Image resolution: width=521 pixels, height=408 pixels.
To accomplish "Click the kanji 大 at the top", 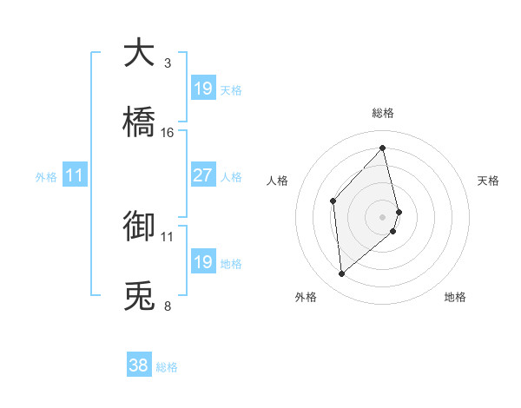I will point(139,54).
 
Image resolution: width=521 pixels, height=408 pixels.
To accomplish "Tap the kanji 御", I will point(139,227).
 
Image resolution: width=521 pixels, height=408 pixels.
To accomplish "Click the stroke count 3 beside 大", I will point(168,63).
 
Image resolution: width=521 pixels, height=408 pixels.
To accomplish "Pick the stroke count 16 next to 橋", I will point(168,133).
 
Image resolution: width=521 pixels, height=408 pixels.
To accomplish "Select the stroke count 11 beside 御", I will point(168,236).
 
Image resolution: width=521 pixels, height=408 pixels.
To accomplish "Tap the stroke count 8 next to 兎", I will point(168,306).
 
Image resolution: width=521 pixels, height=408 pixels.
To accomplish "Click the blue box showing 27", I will point(202,175).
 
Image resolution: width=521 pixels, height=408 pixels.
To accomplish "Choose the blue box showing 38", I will point(139,365).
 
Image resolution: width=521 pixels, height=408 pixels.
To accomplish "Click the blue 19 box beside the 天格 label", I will point(202,88).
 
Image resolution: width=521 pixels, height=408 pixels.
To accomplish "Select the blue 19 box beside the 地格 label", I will point(202,262).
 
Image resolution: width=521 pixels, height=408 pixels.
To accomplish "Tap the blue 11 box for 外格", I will point(74,175).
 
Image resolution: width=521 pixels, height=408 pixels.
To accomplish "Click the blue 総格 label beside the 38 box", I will point(167,367).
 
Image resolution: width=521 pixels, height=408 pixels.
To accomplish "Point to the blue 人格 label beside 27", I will point(231,177).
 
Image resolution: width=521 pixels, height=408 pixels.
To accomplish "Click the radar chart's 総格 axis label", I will point(383,113).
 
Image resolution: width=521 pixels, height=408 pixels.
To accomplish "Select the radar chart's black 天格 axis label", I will point(488,181).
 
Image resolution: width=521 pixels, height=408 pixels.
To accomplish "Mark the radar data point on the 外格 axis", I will point(342,274).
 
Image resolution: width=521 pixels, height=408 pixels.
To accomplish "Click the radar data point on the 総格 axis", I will point(383,148).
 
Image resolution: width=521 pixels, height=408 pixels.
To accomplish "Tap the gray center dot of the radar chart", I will point(383,216).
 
